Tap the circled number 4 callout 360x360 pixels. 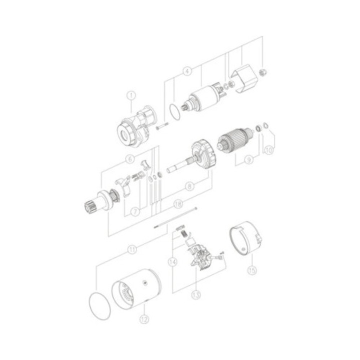pyautogui.click(x=187, y=71)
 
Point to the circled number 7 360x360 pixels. pyautogui.click(x=134, y=211)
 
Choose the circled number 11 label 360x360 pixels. pyautogui.click(x=131, y=248)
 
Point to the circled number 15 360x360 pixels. pyautogui.click(x=251, y=272)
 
